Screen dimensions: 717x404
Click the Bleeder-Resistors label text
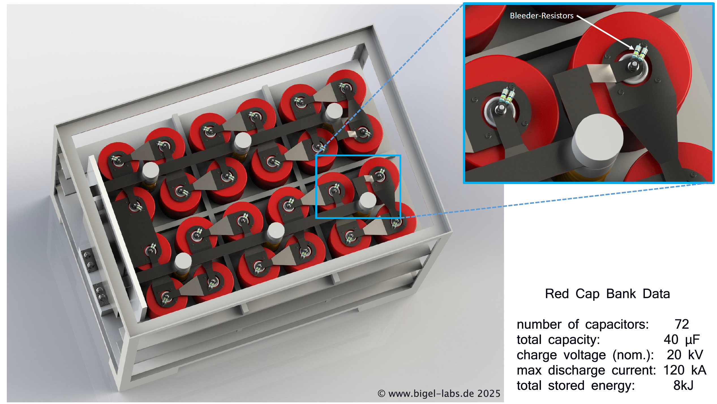click(x=542, y=16)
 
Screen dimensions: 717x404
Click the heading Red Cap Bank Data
click(x=607, y=294)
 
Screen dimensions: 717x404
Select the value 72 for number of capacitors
click(x=682, y=324)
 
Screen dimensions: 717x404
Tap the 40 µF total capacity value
click(x=682, y=340)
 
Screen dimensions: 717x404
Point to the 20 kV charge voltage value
click(x=685, y=355)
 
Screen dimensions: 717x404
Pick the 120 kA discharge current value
click(x=685, y=370)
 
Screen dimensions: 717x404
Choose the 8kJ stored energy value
click(x=683, y=386)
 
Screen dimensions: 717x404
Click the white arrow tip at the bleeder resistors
click(x=634, y=49)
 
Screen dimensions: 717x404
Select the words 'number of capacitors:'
click(x=583, y=324)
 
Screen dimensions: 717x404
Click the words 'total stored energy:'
click(x=576, y=386)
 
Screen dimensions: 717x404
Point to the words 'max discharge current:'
click(x=586, y=370)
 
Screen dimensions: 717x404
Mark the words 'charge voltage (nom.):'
click(x=585, y=355)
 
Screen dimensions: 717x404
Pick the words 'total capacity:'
click(x=558, y=340)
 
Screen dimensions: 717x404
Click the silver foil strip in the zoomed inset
click(x=602, y=73)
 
